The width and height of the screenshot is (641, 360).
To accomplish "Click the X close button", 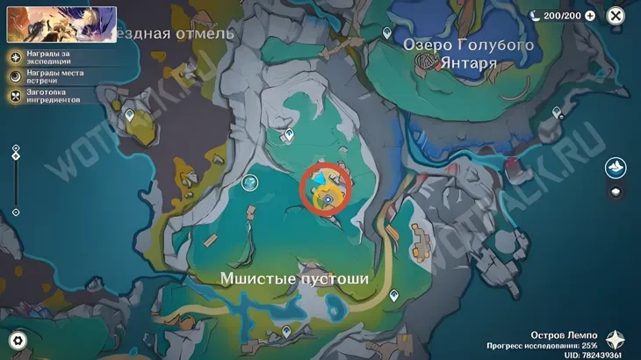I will point(616,16).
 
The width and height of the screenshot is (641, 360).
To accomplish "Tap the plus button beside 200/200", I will point(589,16).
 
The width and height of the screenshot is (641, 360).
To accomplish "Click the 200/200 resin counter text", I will point(562,16).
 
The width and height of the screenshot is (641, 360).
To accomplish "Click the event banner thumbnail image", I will point(61,25).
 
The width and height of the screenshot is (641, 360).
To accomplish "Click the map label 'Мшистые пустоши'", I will point(294,277).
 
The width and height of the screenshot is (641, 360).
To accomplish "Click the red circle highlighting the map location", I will point(326,186).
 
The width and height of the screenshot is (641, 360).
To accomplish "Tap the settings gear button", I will point(17,341).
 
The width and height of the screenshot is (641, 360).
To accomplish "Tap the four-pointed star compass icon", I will point(617,341).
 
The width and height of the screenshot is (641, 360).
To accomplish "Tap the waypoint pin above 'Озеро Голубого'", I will point(387,32).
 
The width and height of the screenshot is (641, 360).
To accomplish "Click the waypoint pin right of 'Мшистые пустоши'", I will point(394,297).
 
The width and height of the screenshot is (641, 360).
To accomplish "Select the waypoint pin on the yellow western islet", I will point(130,115).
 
